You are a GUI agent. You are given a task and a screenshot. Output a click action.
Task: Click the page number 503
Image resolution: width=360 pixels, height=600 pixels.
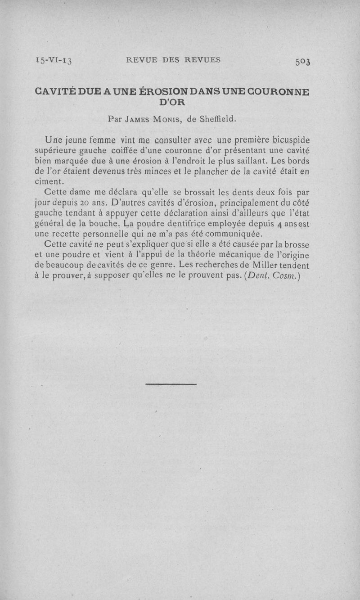coord(303,61)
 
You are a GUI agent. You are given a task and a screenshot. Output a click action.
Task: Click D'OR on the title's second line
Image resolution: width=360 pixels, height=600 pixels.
coord(172,102)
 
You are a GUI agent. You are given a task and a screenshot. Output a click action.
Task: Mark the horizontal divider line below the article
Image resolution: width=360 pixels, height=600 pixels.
coord(171,384)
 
